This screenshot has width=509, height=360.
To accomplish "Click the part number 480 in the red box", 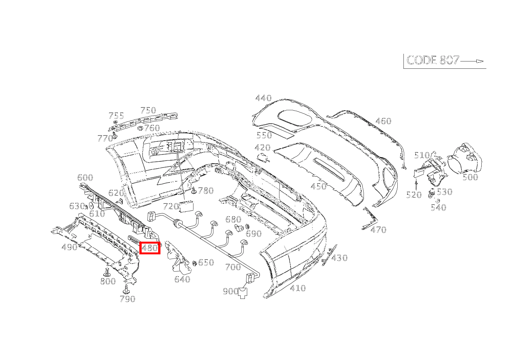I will tap(150, 248).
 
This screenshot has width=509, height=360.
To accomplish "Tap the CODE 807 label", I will tap(433, 60).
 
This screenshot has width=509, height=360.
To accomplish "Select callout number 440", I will tap(263, 98).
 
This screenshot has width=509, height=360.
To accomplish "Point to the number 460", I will tap(383, 121).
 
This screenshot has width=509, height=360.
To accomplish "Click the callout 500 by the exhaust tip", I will tap(470, 177).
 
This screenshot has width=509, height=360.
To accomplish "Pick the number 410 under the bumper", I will tap(298, 288).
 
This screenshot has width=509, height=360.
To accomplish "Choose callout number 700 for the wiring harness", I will tap(233, 267).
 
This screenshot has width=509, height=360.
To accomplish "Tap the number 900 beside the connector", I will tap(230, 292).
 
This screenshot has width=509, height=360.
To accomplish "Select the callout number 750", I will tap(148, 110).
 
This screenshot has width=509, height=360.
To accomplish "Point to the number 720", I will tap(171, 207).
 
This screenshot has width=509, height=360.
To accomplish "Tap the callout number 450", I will tap(318, 187).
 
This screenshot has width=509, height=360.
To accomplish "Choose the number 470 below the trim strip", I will tap(378, 230).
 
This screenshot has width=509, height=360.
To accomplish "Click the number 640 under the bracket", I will tap(182, 279).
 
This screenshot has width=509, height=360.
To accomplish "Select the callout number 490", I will tap(69, 247).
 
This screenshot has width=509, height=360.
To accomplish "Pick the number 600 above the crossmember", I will tap(85, 178).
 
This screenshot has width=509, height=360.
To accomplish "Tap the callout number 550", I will tap(264, 135).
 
